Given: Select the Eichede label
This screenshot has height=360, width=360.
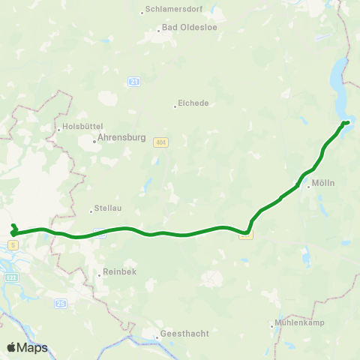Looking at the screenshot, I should [x=193, y=103].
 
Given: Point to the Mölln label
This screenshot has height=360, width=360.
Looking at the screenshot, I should [x=323, y=181].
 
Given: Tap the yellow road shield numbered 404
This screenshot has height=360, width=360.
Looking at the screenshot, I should [x=160, y=142].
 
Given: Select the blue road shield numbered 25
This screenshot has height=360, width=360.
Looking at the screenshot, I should [x=60, y=302].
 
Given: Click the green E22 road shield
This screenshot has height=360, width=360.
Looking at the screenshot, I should [x=13, y=277].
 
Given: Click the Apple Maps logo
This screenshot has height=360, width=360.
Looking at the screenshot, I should [x=26, y=347].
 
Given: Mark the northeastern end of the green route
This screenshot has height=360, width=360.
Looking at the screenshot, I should [x=347, y=122].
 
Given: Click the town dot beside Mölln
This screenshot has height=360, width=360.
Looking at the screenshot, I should [x=307, y=187].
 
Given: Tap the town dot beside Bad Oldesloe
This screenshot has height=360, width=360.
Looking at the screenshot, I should [x=158, y=31].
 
